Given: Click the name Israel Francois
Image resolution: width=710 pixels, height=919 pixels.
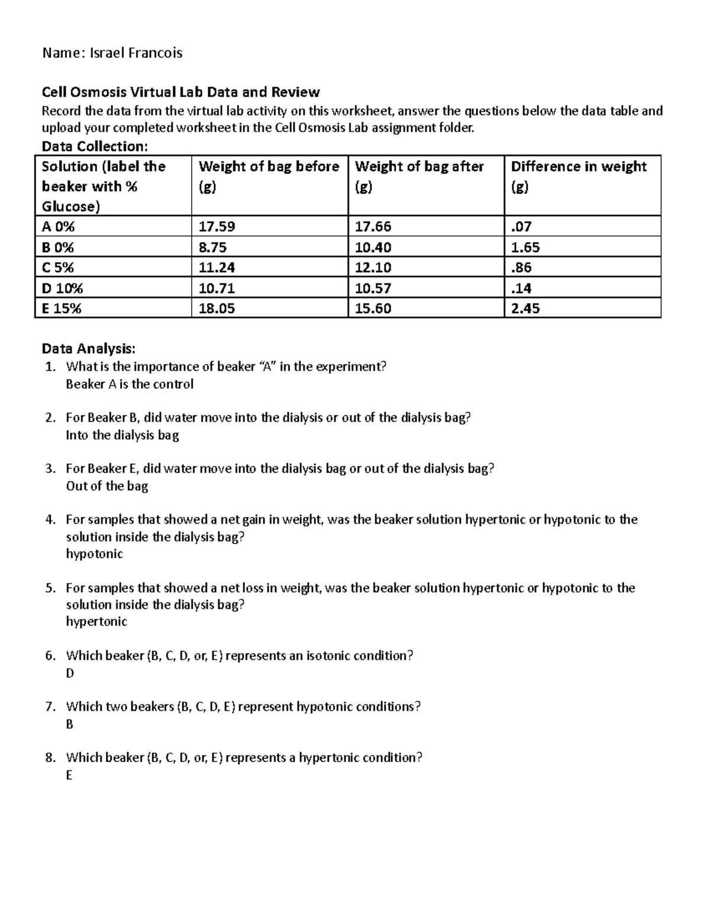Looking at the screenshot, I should coord(135,53).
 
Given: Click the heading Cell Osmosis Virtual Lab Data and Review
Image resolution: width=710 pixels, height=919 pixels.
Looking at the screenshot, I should coord(180,92).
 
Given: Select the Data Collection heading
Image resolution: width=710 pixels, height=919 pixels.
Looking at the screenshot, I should coord(94,146).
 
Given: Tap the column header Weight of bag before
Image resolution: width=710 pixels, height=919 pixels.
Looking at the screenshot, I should coord(269,167).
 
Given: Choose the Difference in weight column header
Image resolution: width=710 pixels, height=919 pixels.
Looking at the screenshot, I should coord(578,167).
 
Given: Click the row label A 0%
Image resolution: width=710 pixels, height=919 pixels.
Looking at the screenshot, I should coord(58,227).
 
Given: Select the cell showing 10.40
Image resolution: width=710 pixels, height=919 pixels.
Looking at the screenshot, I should coord(373,247).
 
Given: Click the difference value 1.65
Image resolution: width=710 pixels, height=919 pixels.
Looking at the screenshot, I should coord(525,247).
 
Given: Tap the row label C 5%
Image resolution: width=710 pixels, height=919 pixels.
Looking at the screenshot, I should coord(58,267).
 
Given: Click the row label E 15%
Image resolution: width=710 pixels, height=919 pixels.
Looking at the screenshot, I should coord(62,308).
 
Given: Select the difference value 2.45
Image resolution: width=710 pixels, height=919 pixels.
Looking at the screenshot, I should coord(525,308).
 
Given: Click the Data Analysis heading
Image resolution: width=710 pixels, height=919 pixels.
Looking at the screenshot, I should coord(88,349).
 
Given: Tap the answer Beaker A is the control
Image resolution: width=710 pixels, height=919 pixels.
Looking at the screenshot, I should coord(130,384).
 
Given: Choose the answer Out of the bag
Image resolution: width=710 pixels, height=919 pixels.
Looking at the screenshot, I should coord(107,486).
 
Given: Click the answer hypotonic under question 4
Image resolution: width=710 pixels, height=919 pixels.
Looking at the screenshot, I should coord(95,554).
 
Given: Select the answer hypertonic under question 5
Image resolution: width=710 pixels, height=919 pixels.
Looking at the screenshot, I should coord(96,621).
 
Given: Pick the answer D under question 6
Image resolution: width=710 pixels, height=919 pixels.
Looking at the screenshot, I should coord(70,673).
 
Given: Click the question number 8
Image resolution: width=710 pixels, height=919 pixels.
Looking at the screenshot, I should coord(50,757).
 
